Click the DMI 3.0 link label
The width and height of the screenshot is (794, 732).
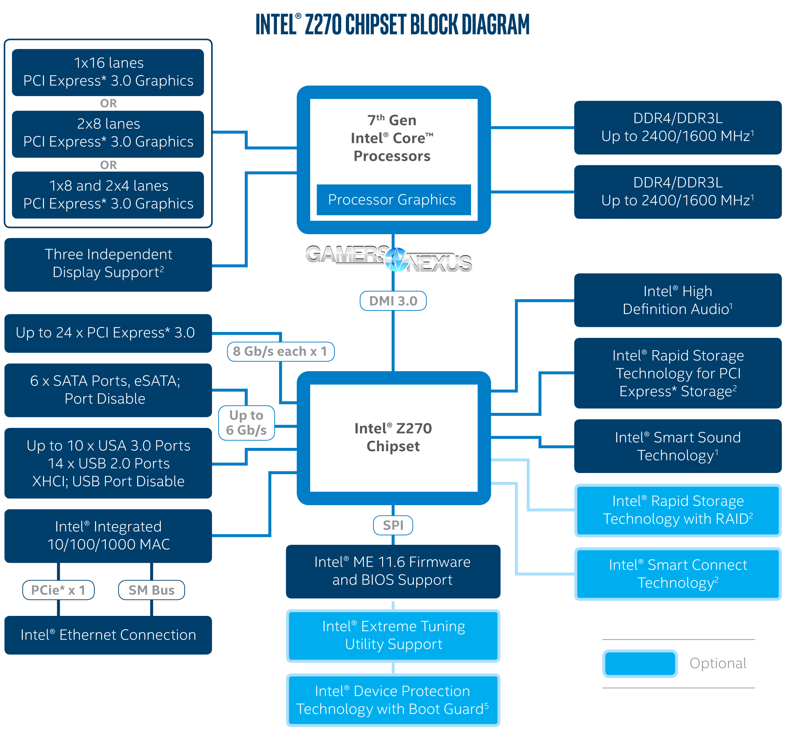pyautogui.click(x=393, y=301)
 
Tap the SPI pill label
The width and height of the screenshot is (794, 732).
pyautogui.click(x=393, y=525)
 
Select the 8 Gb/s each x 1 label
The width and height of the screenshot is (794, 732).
pyautogui.click(x=280, y=351)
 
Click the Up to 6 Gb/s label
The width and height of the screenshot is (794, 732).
pyautogui.click(x=246, y=423)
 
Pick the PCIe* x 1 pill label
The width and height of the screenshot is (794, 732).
pyautogui.click(x=58, y=590)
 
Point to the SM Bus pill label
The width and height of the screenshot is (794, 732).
pyautogui.click(x=152, y=590)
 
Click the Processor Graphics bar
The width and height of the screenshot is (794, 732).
pyautogui.click(x=393, y=200)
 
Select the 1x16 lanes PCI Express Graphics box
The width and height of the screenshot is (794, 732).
pyautogui.click(x=108, y=72)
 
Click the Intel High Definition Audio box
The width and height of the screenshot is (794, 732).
pyautogui.click(x=678, y=300)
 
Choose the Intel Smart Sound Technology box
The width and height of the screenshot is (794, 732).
pyautogui.click(x=678, y=446)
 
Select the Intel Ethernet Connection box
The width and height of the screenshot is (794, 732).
pyautogui.click(x=108, y=634)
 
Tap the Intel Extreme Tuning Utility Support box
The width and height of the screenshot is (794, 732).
pyautogui.click(x=393, y=635)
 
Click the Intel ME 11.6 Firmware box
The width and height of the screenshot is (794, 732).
pyautogui.click(x=393, y=571)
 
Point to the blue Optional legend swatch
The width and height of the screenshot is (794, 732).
pyautogui.click(x=640, y=663)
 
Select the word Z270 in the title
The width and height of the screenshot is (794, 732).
pyautogui.click(x=323, y=25)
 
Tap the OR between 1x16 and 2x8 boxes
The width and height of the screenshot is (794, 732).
pyautogui.click(x=108, y=103)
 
